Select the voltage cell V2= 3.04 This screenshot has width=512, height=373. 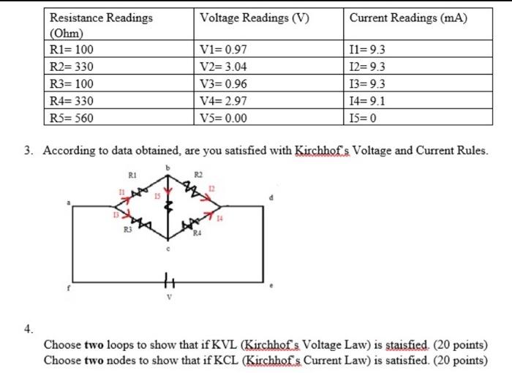pyautogui.click(x=223, y=67)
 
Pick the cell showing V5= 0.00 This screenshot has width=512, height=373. pyautogui.click(x=223, y=118)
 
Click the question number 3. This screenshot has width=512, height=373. pyautogui.click(x=27, y=151)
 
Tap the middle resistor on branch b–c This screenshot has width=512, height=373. pyautogui.click(x=170, y=208)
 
